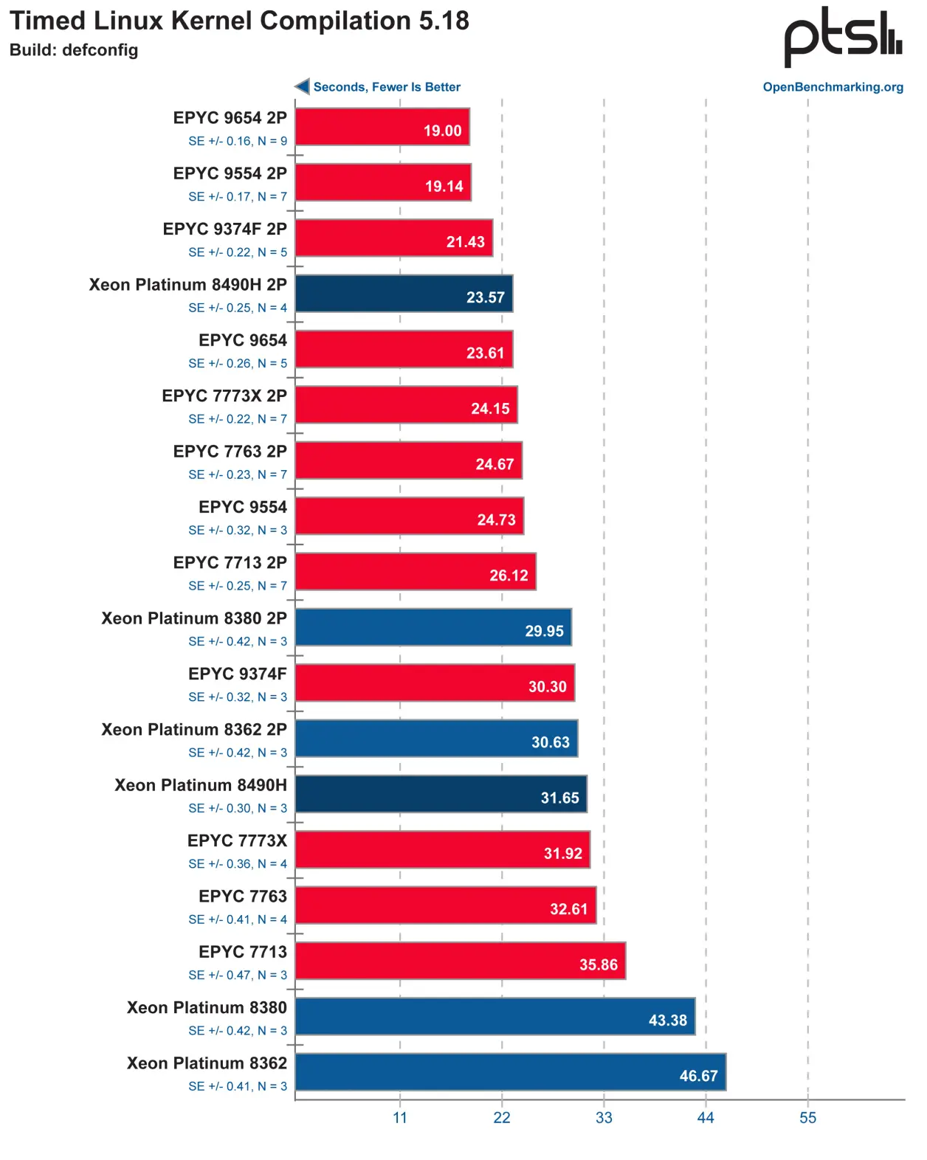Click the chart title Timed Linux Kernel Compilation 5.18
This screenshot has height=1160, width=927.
point(239,21)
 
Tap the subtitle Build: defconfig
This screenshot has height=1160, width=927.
point(74,50)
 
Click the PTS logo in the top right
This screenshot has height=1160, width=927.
point(842,37)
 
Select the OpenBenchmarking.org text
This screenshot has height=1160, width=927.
point(833,87)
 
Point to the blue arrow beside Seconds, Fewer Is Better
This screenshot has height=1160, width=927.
point(302,86)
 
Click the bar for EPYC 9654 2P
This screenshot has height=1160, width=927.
point(382,126)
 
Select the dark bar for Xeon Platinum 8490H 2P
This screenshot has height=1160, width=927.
point(403,294)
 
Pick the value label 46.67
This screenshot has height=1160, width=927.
point(698,1076)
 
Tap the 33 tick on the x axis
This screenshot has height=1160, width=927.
point(604,1117)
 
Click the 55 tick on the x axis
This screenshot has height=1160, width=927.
point(807,1117)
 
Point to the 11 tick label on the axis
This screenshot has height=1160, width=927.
point(400,1117)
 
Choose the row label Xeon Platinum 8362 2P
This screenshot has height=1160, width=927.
point(194,729)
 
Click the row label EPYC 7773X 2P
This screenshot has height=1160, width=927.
point(224,396)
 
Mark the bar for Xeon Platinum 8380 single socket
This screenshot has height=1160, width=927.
point(494,1016)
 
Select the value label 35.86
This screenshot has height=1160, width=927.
point(598,964)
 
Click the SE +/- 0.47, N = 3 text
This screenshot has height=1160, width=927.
point(238,975)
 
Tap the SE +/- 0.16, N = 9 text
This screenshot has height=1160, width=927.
point(238,141)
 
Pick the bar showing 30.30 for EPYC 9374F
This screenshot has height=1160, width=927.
point(434,683)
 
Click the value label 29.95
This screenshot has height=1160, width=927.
point(544,631)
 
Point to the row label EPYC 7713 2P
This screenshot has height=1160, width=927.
point(230,562)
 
